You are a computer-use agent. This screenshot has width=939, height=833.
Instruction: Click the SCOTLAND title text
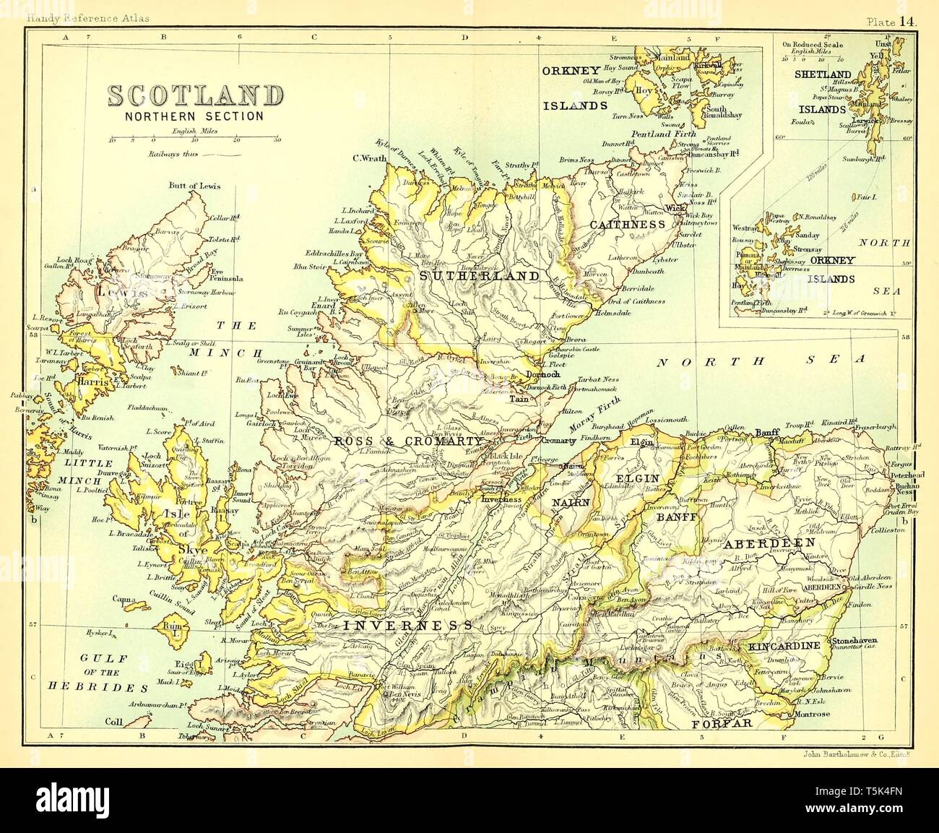[x=195, y=96]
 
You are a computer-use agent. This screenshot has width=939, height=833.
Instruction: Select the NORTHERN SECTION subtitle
[x=194, y=116]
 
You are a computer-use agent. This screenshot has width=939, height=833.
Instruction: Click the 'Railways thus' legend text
[x=173, y=155]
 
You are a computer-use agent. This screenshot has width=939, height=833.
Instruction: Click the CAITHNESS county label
[x=627, y=225]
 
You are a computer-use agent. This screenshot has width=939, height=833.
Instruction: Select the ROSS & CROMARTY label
[x=407, y=440]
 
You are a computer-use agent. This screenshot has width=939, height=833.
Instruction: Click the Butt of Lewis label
[x=194, y=186]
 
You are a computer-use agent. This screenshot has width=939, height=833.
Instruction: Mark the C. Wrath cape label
[x=367, y=158]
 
